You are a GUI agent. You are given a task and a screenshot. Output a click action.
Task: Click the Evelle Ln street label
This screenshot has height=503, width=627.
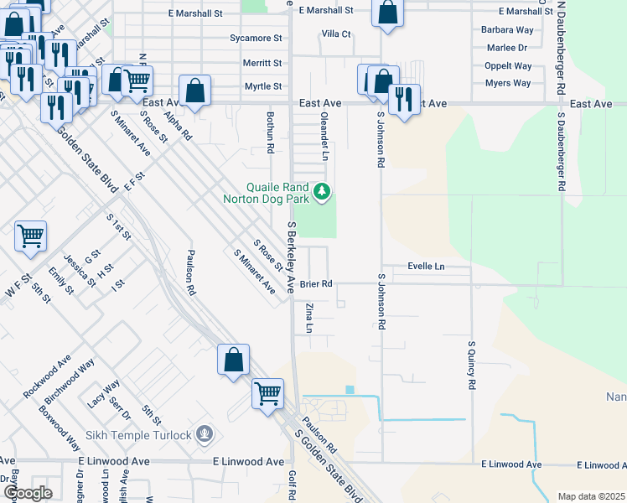[426, 267]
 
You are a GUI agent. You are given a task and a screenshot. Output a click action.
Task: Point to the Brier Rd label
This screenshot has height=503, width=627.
[316, 284]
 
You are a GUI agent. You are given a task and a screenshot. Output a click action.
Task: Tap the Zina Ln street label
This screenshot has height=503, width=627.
[308, 318]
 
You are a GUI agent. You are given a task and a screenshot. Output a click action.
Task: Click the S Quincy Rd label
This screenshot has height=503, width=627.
[472, 365]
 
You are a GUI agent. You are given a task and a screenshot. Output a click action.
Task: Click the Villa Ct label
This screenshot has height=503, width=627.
[336, 34]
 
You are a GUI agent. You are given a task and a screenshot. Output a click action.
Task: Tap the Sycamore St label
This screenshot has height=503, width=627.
[256, 39]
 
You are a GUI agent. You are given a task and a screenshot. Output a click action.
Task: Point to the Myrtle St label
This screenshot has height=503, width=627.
[262, 86]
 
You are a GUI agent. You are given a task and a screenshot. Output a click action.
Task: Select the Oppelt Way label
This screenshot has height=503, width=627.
[508, 66]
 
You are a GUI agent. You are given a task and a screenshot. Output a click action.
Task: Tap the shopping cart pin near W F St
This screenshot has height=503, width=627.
[30, 236]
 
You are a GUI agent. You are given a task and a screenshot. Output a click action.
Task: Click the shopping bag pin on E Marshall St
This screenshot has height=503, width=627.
[387, 13]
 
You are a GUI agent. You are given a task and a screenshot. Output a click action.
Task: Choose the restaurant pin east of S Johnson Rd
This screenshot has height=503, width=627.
[405, 100]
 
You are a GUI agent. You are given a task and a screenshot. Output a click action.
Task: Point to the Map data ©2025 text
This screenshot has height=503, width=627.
[590, 496]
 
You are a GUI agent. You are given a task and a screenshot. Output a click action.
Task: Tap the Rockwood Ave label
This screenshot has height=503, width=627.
[47, 380]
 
